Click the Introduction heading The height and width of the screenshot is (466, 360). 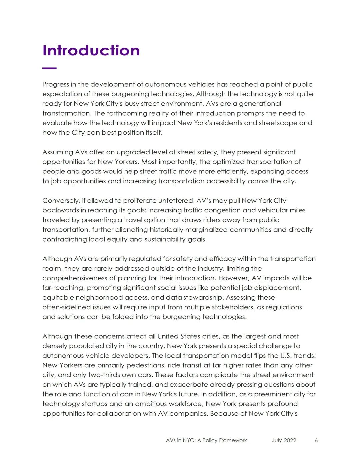pyautogui.click(x=91, y=50)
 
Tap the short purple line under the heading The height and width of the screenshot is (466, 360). pyautogui.click(x=49, y=68)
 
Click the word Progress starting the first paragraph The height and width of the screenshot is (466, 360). pyautogui.click(x=55, y=84)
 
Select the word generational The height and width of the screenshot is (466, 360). pyautogui.click(x=260, y=104)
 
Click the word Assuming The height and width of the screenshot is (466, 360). pyautogui.click(x=57, y=152)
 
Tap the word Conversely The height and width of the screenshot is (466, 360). pyautogui.click(x=61, y=201)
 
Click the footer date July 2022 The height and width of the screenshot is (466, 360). pyautogui.click(x=284, y=440)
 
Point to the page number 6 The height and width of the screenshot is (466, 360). pyautogui.click(x=316, y=440)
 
